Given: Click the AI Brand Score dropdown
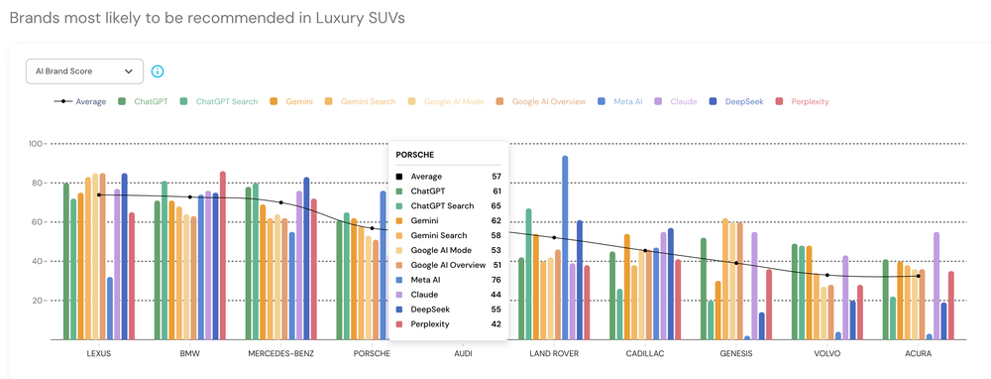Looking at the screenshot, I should (x=84, y=71).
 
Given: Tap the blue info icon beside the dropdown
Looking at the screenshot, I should (x=158, y=71).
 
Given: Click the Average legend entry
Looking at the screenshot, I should (x=80, y=101).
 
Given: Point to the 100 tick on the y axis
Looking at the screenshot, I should (x=36, y=144).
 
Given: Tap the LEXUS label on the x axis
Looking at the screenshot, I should (x=98, y=353).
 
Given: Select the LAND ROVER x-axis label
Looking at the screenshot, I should (x=554, y=353).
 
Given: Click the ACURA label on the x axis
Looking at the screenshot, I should (x=919, y=353).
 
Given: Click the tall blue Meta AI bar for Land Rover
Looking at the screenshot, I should (x=565, y=248).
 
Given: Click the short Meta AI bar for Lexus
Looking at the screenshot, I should (x=109, y=309).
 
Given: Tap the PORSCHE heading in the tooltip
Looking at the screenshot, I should (x=416, y=155).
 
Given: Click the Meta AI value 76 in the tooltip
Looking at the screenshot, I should (x=496, y=281).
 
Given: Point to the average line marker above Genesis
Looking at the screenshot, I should (x=736, y=263).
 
